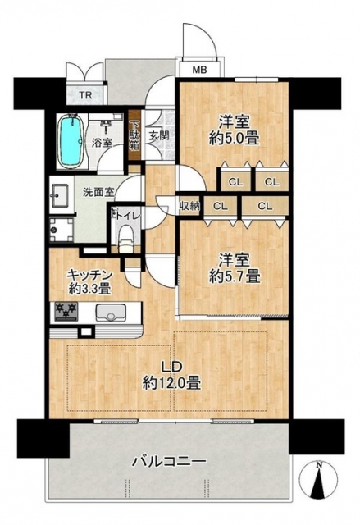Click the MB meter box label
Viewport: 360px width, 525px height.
(199, 70)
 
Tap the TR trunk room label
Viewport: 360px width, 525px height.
(85, 95)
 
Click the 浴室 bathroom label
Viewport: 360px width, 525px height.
(102, 143)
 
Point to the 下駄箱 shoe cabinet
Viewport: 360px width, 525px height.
(134, 135)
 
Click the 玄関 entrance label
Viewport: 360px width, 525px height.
(158, 135)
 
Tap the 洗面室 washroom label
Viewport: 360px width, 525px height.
(98, 192)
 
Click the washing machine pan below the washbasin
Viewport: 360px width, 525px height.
(61, 230)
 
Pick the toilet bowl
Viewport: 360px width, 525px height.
(125, 236)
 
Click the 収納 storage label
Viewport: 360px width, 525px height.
(189, 206)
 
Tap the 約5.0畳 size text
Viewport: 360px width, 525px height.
(234, 139)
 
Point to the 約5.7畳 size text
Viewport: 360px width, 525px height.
(235, 276)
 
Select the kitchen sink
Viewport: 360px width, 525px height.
(110, 312)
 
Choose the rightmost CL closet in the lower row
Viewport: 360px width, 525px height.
(265, 207)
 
